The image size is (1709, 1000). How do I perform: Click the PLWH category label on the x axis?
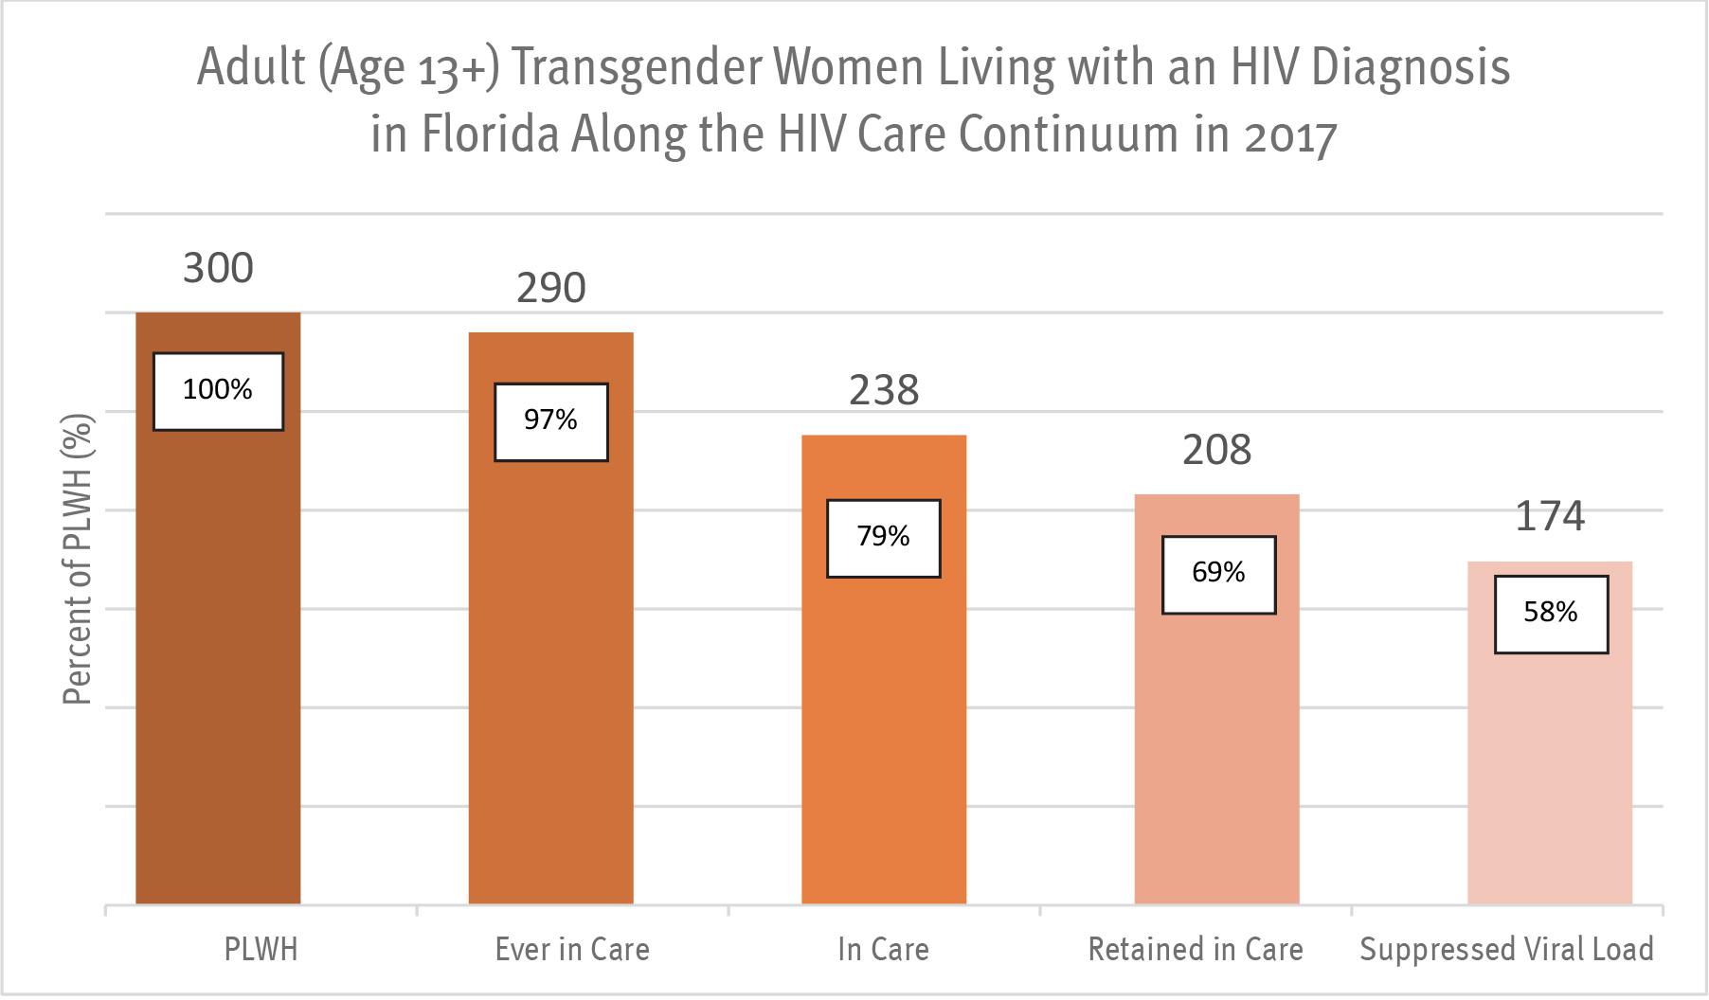click(x=261, y=949)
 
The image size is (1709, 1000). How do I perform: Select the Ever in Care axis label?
click(x=572, y=949)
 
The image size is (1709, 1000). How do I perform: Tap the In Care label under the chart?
click(x=883, y=949)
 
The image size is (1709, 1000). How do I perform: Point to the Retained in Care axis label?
click(x=1196, y=949)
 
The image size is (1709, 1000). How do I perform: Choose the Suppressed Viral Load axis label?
click(x=1506, y=949)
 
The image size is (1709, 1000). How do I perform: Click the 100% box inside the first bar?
click(x=218, y=391)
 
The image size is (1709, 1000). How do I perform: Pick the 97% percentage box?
click(x=551, y=421)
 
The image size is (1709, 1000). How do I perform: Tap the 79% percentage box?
click(x=884, y=538)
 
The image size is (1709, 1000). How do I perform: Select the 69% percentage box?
click(x=1218, y=575)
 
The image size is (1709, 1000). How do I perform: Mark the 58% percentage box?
click(x=1551, y=614)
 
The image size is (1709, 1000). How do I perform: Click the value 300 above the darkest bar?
click(x=218, y=268)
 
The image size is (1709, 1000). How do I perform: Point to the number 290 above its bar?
click(x=551, y=288)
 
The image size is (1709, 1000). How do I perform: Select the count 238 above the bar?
click(x=884, y=390)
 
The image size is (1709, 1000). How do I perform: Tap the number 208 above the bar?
click(x=1217, y=450)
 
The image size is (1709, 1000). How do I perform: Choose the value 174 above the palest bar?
click(x=1550, y=517)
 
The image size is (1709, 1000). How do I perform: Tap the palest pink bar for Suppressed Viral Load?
click(x=1550, y=777)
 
